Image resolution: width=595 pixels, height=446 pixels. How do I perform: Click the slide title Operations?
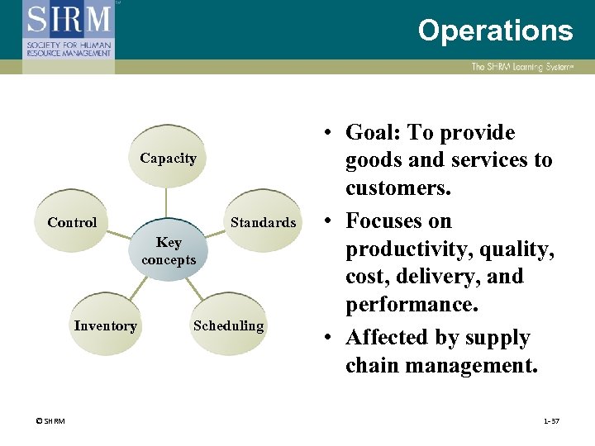coord(494,31)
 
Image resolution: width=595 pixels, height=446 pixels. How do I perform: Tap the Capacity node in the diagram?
coord(168,158)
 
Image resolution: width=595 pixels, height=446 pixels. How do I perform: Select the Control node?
coord(73,222)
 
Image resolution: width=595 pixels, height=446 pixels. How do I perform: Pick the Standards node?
coord(263,222)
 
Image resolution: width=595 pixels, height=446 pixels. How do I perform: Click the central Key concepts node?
coord(169,251)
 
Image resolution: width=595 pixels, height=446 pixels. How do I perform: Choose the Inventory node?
coord(105,325)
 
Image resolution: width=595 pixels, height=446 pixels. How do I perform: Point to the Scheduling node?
coord(229,325)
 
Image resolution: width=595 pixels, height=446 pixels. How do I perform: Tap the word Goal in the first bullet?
coord(375,133)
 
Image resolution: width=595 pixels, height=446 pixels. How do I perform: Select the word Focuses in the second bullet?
coord(398,221)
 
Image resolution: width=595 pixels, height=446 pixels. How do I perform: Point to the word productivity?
coord(402,249)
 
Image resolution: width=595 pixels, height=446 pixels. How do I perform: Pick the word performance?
coord(410,305)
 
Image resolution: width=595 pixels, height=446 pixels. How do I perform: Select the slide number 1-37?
coord(551,421)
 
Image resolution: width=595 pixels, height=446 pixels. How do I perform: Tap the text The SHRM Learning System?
coord(521,67)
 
